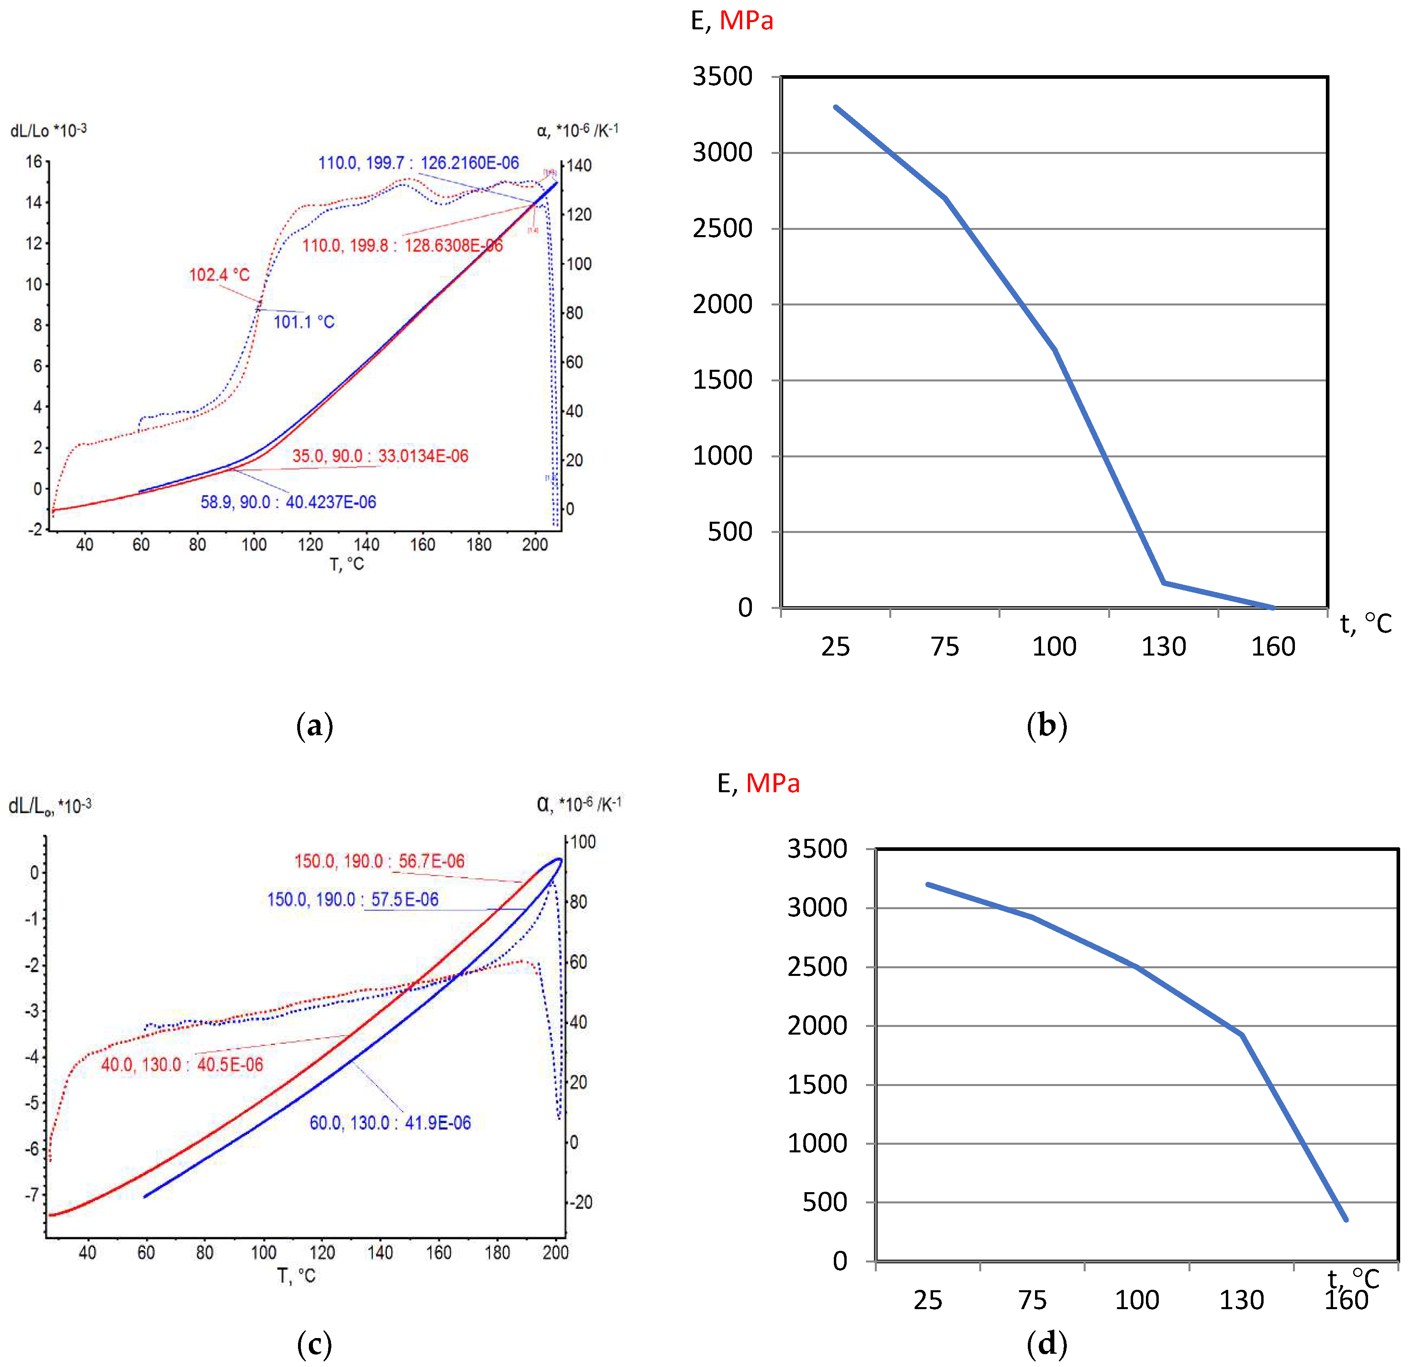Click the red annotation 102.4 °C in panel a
click(x=219, y=275)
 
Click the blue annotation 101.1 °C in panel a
click(x=304, y=322)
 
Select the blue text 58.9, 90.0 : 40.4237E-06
click(x=288, y=502)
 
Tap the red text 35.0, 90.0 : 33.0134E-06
click(x=380, y=456)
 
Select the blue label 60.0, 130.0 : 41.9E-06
click(x=390, y=1123)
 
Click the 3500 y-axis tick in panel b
click(x=722, y=76)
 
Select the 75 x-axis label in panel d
click(x=1032, y=1300)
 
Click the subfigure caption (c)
click(x=314, y=1344)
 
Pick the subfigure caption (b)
click(x=1047, y=725)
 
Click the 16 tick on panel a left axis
click(x=34, y=161)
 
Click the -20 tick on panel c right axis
click(x=580, y=1202)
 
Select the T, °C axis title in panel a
click(x=347, y=564)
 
